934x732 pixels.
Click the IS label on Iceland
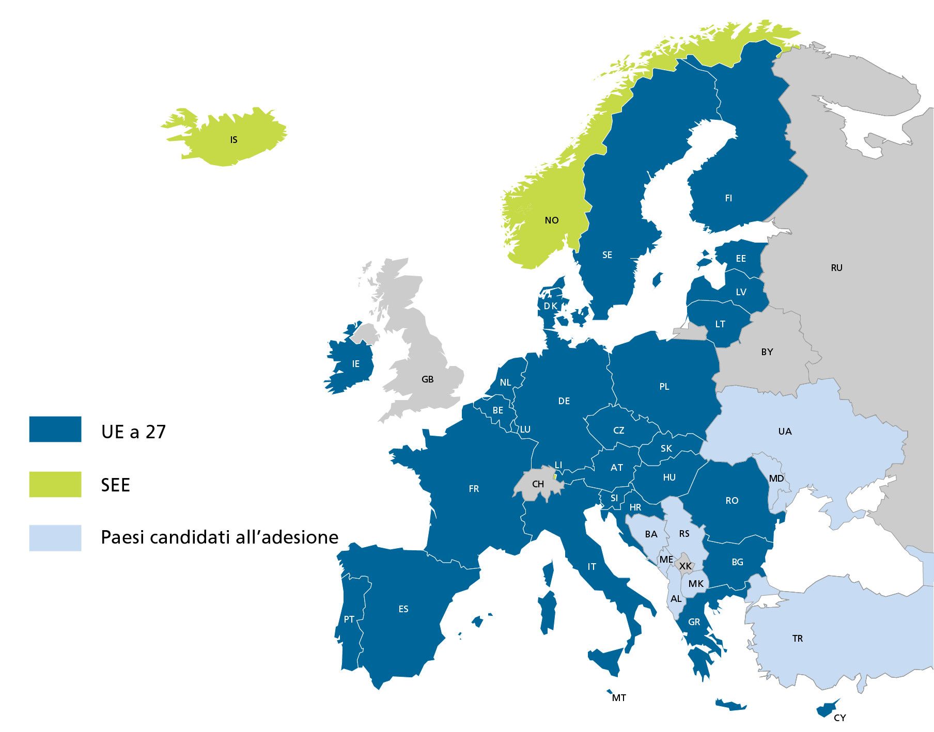[234, 140]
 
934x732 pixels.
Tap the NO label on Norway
[552, 220]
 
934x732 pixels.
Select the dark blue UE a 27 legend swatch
[55, 429]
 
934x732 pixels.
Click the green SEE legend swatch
[55, 484]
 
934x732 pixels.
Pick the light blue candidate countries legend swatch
[55, 538]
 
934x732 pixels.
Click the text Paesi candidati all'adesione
[220, 537]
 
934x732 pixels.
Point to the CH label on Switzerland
[538, 484]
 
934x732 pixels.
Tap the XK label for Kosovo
[685, 566]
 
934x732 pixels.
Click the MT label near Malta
[619, 698]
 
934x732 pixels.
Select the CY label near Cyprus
[840, 718]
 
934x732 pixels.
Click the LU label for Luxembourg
[525, 429]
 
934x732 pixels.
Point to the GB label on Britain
[427, 379]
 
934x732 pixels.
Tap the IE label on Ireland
[355, 364]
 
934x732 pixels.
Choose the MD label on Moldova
[776, 479]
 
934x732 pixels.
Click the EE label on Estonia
[741, 259]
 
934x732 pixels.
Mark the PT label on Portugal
[349, 619]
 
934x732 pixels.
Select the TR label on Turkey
[798, 639]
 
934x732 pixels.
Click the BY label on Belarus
[767, 352]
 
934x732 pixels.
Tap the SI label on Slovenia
[614, 498]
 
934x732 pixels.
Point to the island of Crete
[731, 705]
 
